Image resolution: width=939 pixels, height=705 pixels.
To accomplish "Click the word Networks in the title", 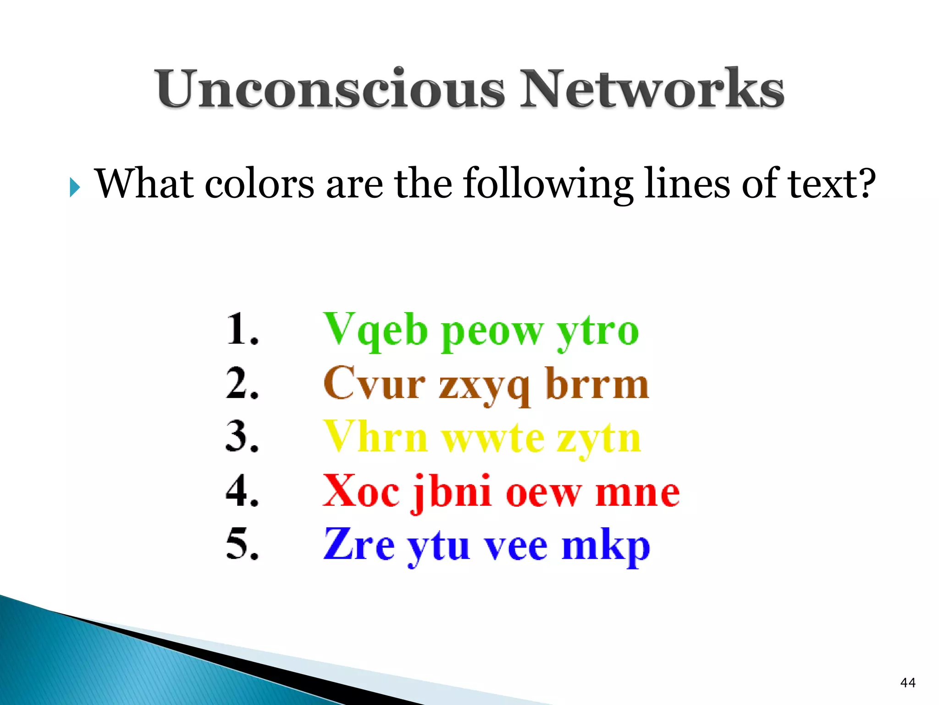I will (652, 89).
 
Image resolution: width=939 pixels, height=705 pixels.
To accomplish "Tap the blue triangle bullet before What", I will (75, 187).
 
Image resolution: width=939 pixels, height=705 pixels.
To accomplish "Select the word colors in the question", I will (259, 184).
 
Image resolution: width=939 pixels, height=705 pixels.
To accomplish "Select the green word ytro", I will (597, 331).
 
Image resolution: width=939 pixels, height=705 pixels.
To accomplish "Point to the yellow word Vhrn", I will (376, 437).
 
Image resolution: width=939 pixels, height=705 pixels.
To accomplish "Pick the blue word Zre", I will (359, 545).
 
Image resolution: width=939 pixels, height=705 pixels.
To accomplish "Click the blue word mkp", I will (606, 546).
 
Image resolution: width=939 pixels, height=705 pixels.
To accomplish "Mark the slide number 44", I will (907, 683).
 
